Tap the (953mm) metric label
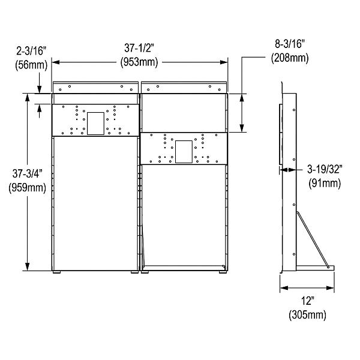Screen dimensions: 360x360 click(139, 61)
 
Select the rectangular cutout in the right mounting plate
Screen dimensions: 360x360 click(184, 151)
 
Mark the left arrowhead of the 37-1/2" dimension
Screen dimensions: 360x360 click(55, 61)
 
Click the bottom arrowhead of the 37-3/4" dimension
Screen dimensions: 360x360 click(28, 268)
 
